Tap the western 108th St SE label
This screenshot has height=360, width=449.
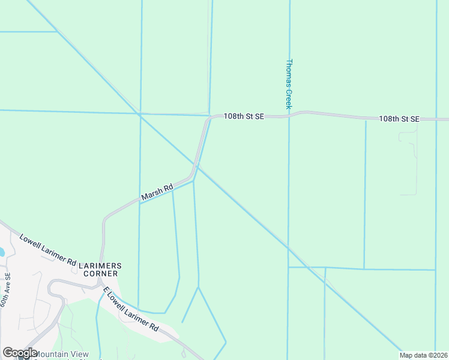click(244, 116)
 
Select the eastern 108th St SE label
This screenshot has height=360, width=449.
click(399, 119)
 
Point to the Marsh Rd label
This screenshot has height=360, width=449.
click(157, 192)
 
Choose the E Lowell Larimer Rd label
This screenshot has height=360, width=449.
click(130, 310)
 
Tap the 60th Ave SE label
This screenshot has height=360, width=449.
click(5, 291)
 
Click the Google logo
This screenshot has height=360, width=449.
click(20, 353)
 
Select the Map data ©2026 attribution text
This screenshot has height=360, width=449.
click(423, 355)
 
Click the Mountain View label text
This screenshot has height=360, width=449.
click(61, 354)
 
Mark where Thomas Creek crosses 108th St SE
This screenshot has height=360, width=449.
click(289, 116)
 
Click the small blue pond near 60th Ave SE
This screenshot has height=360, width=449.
click(1, 252)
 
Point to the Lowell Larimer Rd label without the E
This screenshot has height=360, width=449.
click(48, 250)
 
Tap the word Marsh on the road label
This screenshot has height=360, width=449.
click(149, 195)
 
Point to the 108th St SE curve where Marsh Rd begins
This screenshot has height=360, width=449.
click(209, 121)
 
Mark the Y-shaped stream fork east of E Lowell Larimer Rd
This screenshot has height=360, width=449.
click(198, 287)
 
